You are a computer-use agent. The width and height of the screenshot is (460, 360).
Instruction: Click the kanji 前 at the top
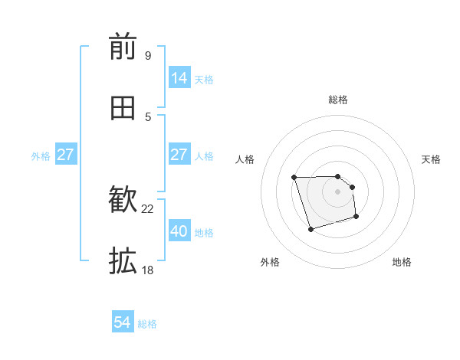tap(123, 47)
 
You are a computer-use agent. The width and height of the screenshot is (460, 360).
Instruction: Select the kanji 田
tap(123, 108)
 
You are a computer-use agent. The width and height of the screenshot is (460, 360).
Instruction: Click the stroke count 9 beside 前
tap(147, 55)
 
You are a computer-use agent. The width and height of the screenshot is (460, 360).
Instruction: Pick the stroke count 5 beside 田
tap(148, 116)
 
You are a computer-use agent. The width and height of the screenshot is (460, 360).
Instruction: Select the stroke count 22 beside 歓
tap(148, 209)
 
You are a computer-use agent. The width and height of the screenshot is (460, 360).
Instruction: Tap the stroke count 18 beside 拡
tap(147, 270)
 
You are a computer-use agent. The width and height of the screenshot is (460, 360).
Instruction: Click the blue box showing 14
tap(179, 78)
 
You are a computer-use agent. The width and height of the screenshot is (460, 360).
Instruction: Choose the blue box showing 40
tap(179, 231)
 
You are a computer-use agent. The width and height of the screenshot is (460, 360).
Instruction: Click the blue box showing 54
tap(123, 323)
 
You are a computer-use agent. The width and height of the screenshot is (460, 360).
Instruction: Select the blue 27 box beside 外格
tap(66, 155)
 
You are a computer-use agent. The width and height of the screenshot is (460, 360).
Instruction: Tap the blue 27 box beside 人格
tap(179, 155)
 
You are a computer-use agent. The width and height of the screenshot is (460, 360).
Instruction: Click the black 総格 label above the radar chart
tap(337, 100)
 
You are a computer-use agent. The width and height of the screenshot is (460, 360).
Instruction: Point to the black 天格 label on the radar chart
tap(432, 159)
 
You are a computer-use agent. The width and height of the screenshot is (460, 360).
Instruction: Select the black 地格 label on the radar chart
tap(402, 263)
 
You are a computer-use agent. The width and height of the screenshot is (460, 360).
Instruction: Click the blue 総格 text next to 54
tap(147, 324)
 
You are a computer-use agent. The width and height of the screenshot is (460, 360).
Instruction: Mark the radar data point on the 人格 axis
tap(294, 178)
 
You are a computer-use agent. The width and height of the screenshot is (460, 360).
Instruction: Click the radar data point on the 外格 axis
tap(310, 229)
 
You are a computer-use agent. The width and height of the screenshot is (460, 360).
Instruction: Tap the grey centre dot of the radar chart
tap(337, 191)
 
